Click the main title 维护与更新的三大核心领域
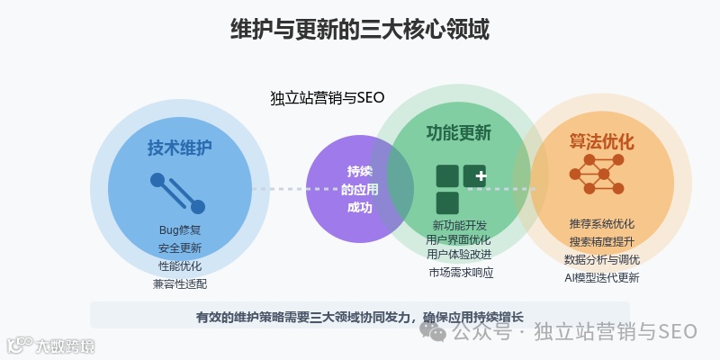[360, 29]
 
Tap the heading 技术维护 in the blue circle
[180, 148]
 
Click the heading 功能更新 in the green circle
[459, 133]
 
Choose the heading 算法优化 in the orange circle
[602, 142]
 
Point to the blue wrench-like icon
[177, 193]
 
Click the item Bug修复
[180, 229]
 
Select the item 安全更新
[180, 247]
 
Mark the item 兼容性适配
[180, 283]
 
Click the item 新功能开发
[459, 225]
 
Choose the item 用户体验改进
[459, 254]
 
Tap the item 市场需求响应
[460, 272]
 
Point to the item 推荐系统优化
[602, 223]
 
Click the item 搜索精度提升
[602, 241]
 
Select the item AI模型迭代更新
[602, 277]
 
